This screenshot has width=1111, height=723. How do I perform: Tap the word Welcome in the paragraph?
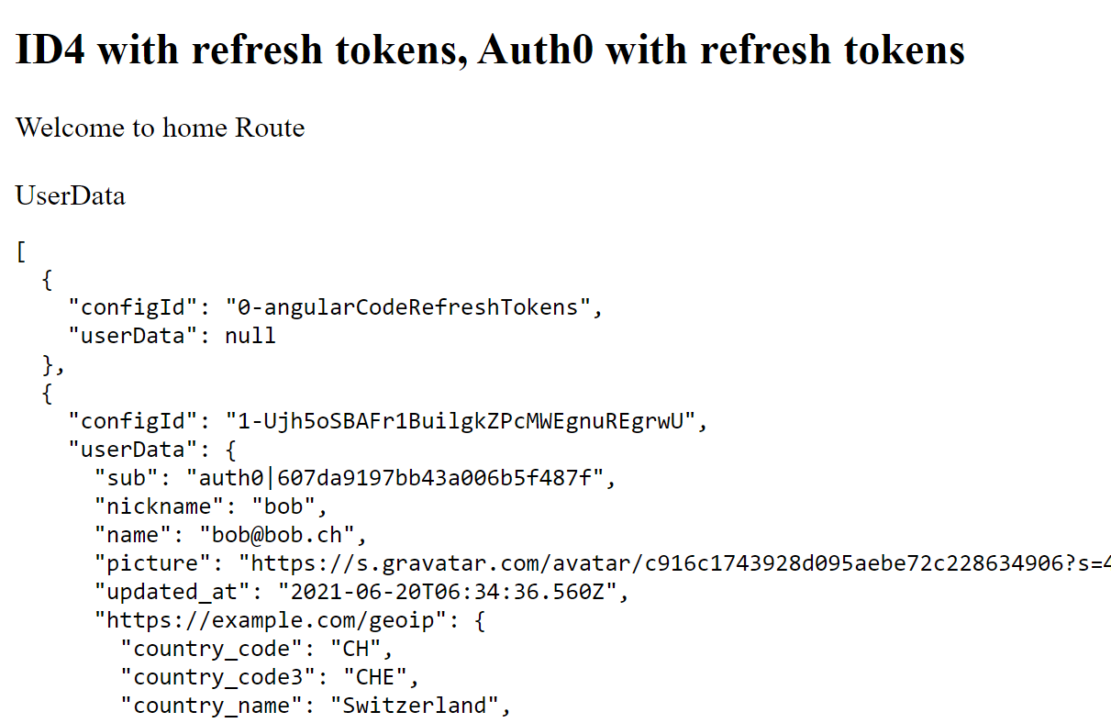pos(71,127)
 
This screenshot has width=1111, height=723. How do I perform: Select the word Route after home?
pos(270,127)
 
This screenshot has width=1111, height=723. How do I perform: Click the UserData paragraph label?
pos(70,195)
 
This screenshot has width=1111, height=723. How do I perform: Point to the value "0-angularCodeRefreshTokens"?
pos(408,306)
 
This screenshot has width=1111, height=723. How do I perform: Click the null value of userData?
pos(250,335)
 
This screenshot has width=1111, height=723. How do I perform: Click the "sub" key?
pos(128,478)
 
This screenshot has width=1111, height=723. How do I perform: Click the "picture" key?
pos(147,563)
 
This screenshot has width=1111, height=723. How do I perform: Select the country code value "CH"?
pos(355,649)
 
